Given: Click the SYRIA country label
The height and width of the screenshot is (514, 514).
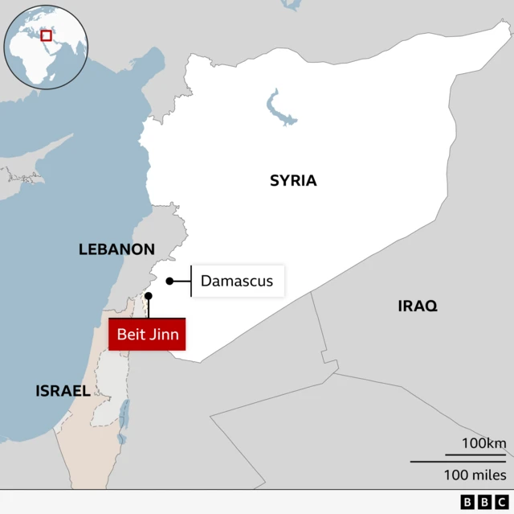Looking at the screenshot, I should (x=293, y=181).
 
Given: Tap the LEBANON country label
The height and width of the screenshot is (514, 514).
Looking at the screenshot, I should (x=116, y=249).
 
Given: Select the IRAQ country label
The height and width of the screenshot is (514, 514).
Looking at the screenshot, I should (x=418, y=306).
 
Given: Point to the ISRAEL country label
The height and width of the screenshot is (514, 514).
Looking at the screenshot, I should (x=63, y=391).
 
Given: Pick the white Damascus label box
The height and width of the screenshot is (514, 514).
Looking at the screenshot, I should (x=237, y=281).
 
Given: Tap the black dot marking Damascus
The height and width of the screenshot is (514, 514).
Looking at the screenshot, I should (x=169, y=281).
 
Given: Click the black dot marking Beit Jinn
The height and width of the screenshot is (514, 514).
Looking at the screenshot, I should (x=148, y=296).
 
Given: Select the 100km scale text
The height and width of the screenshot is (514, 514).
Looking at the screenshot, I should (x=483, y=443).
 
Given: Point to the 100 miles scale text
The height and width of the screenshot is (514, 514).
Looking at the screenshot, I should (x=475, y=475).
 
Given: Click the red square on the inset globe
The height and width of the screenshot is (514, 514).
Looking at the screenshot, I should (x=47, y=35).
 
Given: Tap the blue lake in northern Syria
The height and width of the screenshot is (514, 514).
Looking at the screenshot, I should (x=279, y=109).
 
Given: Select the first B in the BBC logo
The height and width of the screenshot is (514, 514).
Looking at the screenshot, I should (x=468, y=502).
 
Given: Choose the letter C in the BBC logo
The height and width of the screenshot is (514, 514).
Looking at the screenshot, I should (x=502, y=502).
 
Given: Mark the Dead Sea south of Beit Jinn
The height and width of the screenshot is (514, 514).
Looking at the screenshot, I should (x=124, y=415).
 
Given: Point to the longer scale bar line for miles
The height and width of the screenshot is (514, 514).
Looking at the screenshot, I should (x=458, y=461).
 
